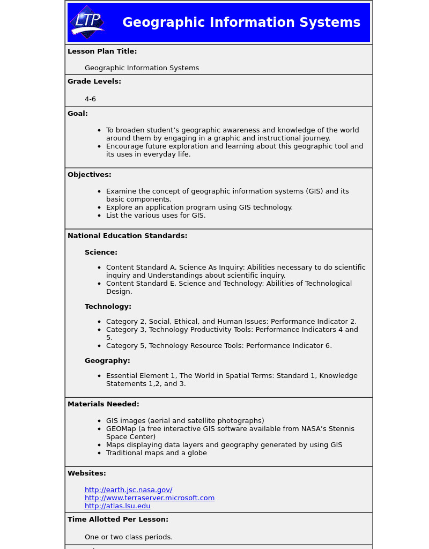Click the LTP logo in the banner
tap(87, 22)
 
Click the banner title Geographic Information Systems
tap(241, 23)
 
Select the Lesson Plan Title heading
tap(102, 51)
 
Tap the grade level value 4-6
tap(90, 99)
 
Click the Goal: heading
tap(78, 114)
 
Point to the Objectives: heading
tap(90, 175)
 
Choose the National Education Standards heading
tap(127, 236)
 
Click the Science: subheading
tap(101, 253)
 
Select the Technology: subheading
tap(108, 307)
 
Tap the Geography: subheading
tap(107, 361)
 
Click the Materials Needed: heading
tap(103, 404)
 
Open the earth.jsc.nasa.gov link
tap(128, 490)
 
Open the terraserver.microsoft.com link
tap(150, 498)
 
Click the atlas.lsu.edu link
tap(117, 506)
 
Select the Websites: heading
tap(87, 473)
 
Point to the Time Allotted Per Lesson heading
tap(118, 520)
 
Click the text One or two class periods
tap(129, 537)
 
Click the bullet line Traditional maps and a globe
tap(156, 453)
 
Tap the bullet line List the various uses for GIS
tap(156, 216)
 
